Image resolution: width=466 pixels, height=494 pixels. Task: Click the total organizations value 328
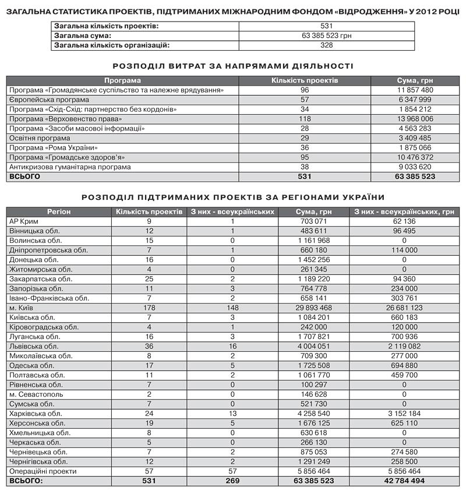click(326, 45)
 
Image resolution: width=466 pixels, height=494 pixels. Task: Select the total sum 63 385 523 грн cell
click(326, 36)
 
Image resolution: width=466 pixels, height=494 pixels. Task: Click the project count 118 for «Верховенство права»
click(305, 119)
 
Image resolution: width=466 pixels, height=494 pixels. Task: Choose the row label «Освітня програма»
click(39, 138)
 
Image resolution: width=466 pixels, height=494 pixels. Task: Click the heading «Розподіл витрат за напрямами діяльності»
click(232, 66)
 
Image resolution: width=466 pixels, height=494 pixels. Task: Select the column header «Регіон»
click(59, 211)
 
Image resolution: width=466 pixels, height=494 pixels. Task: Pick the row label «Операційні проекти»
click(43, 471)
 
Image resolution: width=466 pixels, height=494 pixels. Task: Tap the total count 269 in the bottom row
click(232, 481)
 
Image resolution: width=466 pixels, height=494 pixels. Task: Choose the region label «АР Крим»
click(23, 221)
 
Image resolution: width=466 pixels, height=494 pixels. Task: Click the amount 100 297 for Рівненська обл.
click(314, 384)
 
